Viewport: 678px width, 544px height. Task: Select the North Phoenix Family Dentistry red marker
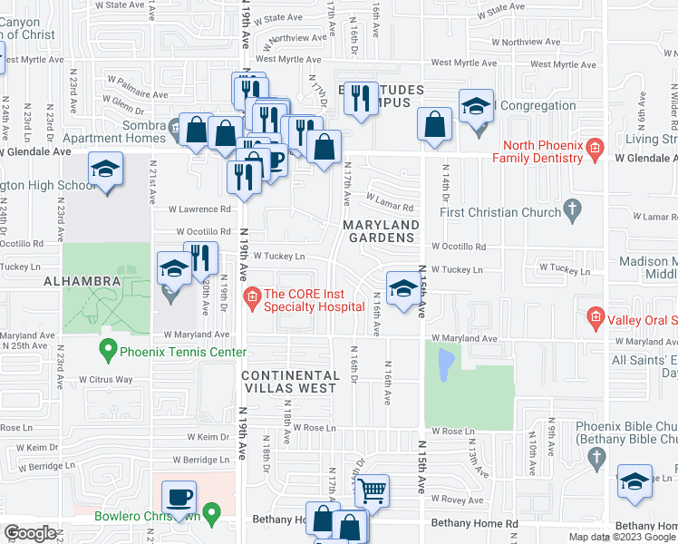pyautogui.click(x=594, y=148)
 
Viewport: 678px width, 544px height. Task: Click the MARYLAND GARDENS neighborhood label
pyautogui.click(x=380, y=231)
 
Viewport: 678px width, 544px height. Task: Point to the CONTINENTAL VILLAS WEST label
pyautogui.click(x=290, y=382)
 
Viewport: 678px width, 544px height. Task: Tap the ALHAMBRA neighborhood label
pyautogui.click(x=81, y=281)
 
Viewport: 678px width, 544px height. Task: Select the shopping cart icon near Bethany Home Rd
pyautogui.click(x=372, y=491)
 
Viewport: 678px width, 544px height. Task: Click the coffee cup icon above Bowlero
pyautogui.click(x=179, y=497)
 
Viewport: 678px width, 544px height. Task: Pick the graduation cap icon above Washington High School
pyautogui.click(x=105, y=169)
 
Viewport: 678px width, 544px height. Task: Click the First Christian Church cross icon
pyautogui.click(x=571, y=212)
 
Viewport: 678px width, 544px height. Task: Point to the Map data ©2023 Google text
pyautogui.click(x=622, y=537)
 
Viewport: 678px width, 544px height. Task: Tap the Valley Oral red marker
pyautogui.click(x=595, y=317)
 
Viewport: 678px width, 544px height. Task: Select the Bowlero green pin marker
pyautogui.click(x=212, y=514)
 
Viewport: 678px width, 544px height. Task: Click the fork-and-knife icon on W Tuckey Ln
pyautogui.click(x=201, y=257)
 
